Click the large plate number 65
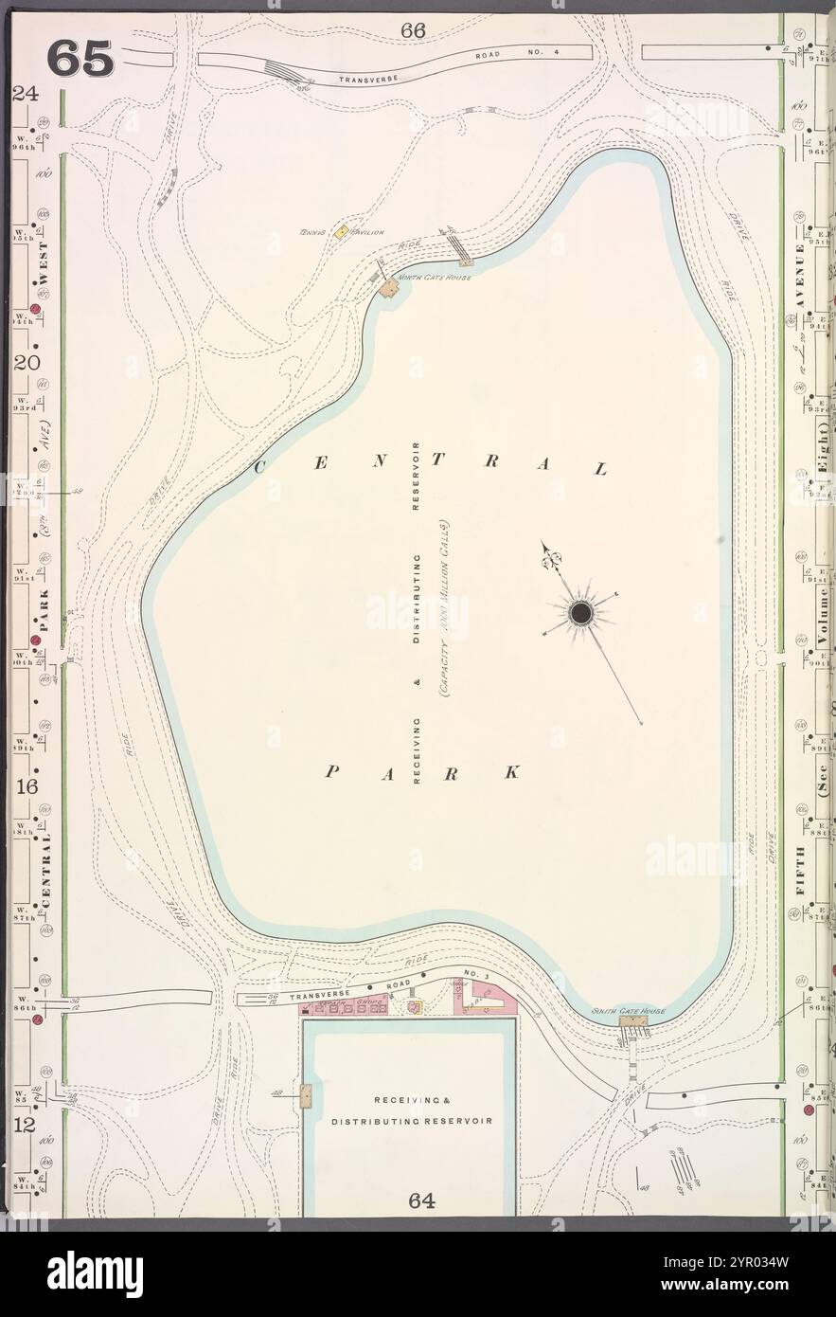pyautogui.click(x=80, y=59)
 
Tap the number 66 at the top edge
pyautogui.click(x=413, y=30)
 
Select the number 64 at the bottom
pyautogui.click(x=422, y=1200)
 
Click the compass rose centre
pyautogui.click(x=579, y=615)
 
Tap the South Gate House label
pyautogui.click(x=628, y=1011)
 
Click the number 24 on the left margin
pyautogui.click(x=24, y=94)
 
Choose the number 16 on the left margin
pyautogui.click(x=26, y=787)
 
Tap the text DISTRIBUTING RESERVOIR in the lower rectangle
pyautogui.click(x=412, y=1121)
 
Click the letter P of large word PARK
pyautogui.click(x=331, y=772)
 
